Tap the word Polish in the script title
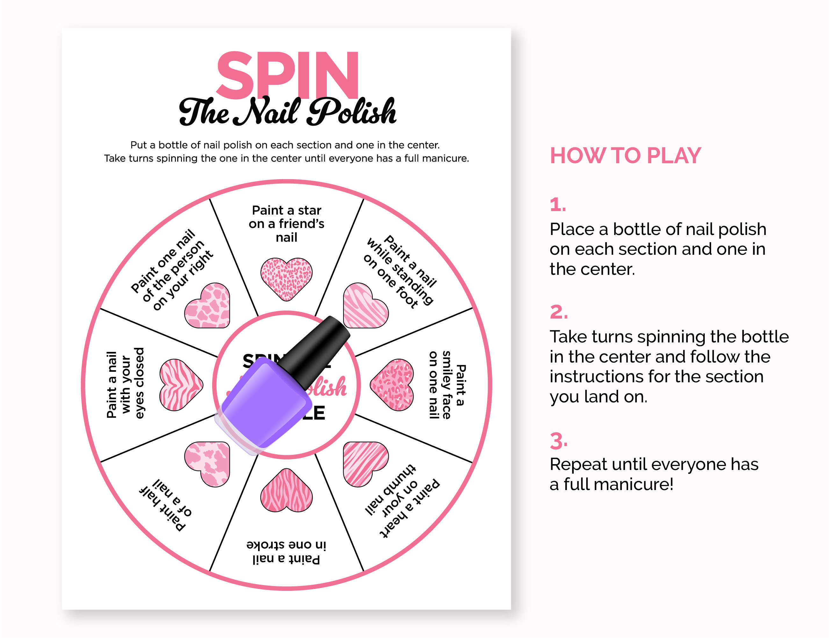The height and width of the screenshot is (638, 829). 352,112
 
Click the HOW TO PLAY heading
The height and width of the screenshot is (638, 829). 625,156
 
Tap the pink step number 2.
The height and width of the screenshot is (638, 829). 559,312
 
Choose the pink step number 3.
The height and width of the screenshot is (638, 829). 559,441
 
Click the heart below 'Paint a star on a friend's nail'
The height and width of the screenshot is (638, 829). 286,278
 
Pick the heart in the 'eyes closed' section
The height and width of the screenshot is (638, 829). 180,384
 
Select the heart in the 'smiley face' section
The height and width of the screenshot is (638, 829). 393,384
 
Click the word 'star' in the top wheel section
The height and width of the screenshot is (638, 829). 310,210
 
